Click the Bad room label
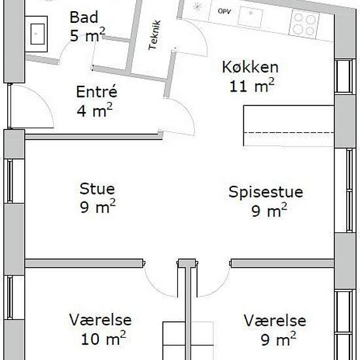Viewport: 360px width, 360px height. click(x=84, y=17)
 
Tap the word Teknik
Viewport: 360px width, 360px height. click(x=154, y=35)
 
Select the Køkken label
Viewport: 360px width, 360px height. click(x=250, y=67)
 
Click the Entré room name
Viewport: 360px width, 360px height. click(x=97, y=92)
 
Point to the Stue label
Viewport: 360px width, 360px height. click(x=97, y=189)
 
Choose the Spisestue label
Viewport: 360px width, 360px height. click(x=266, y=192)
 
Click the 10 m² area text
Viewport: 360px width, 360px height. click(x=103, y=338)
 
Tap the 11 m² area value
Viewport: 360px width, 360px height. click(x=252, y=86)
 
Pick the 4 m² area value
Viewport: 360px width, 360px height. click(x=95, y=110)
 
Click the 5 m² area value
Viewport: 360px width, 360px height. click(x=88, y=35)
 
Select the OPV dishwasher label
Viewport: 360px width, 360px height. click(x=225, y=11)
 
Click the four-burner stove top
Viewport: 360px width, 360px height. click(x=304, y=24)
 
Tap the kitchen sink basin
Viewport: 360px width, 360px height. click(x=250, y=16)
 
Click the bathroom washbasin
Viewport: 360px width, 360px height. click(x=37, y=34)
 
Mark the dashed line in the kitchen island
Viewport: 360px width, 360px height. click(x=289, y=133)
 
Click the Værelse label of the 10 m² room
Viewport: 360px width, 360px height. click(x=100, y=320)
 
